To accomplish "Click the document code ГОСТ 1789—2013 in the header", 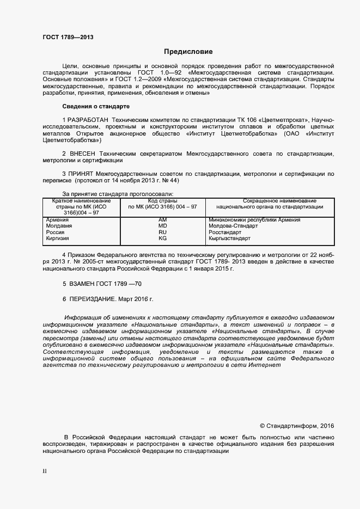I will [68, 37].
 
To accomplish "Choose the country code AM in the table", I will [162, 220].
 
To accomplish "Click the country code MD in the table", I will [162, 226].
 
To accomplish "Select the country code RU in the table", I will [162, 232].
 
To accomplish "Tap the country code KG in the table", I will [162, 238].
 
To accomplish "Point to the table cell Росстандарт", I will [225, 232].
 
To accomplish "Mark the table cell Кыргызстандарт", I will [229, 238].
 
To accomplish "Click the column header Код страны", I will [162, 201].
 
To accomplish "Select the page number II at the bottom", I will [44, 471].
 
